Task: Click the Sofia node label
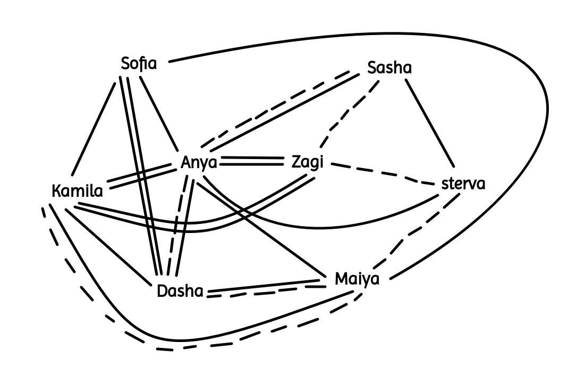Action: coord(139,64)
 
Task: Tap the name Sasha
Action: coord(389,69)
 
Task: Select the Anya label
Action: coord(199,162)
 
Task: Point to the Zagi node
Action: coord(308,162)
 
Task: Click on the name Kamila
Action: coord(77,191)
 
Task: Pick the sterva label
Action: coord(463,185)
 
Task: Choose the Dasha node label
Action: coord(180,292)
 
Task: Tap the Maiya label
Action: coord(357,279)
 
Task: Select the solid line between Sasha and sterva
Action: coord(429,123)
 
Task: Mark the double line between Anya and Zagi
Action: coord(251,161)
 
